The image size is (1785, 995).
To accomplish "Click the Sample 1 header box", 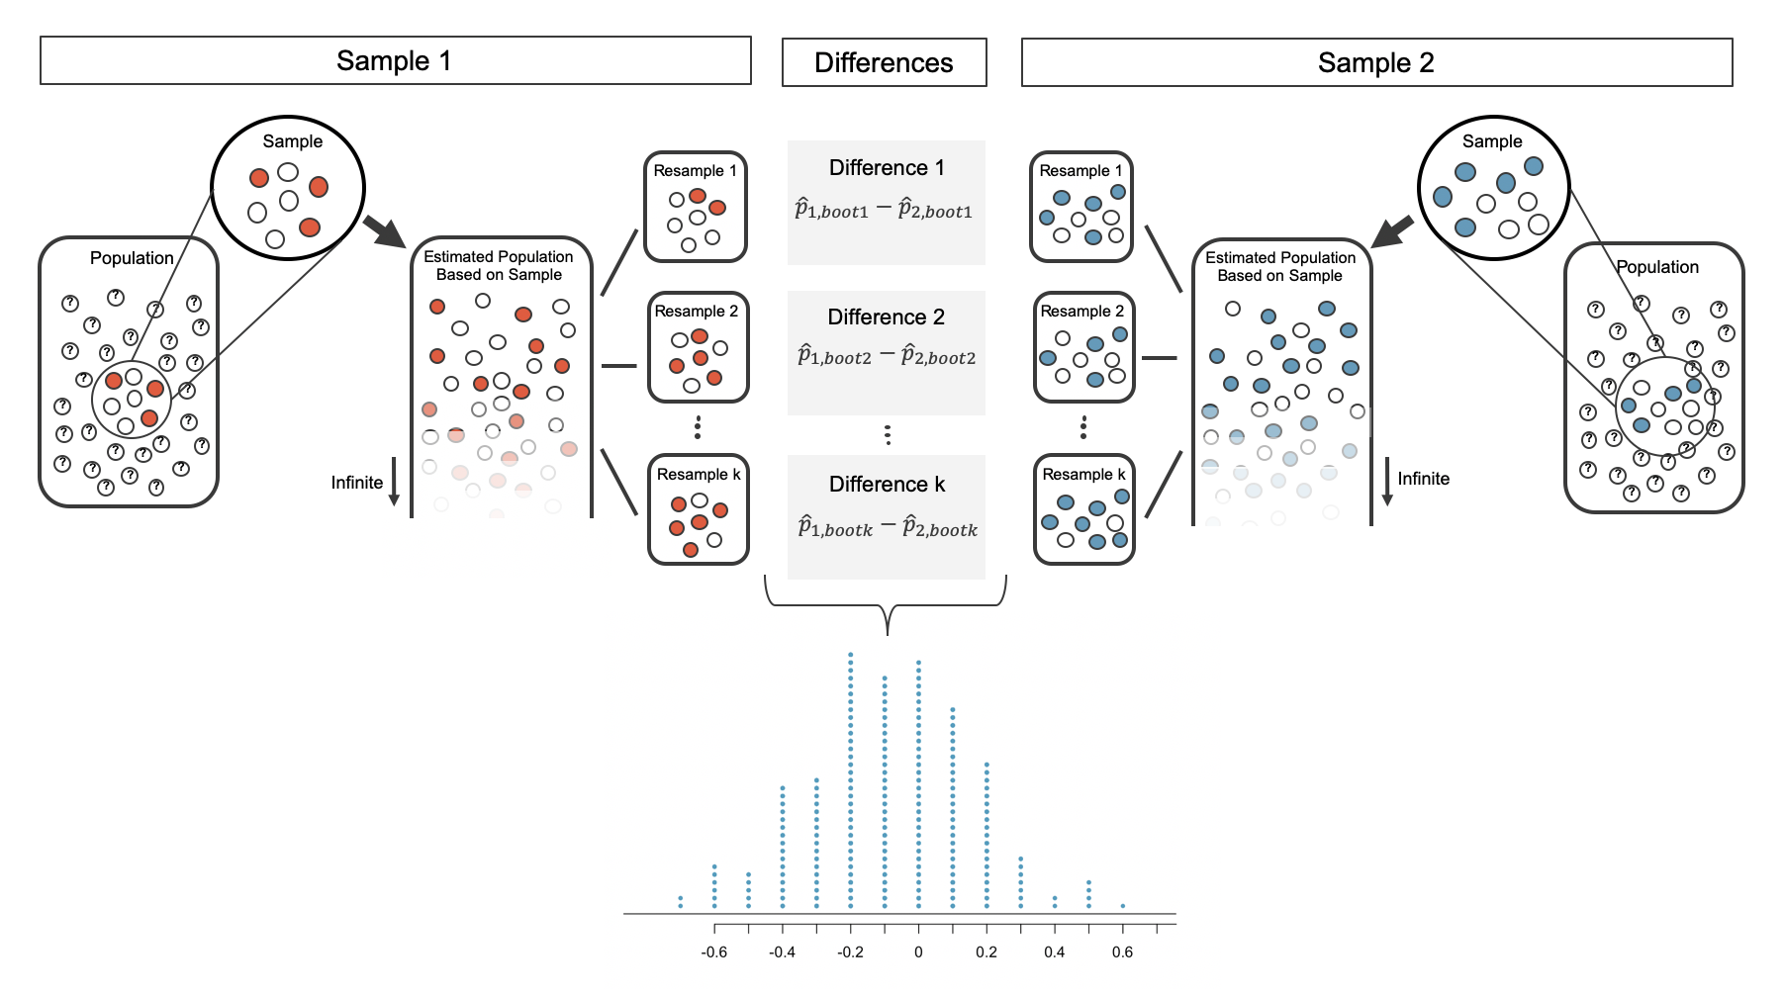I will pyautogui.click(x=395, y=61).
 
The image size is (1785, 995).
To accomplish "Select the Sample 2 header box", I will pyautogui.click(x=1376, y=63).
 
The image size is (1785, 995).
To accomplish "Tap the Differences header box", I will pyautogui.click(x=884, y=63).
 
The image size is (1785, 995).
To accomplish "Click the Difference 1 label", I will pyautogui.click(x=887, y=168).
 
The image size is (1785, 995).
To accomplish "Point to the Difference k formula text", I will pyautogui.click(x=887, y=528).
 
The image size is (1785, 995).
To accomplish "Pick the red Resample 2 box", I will pyautogui.click(x=698, y=347).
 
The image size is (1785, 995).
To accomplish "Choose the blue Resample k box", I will pyautogui.click(x=1083, y=509).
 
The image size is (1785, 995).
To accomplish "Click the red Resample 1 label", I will pyautogui.click(x=695, y=171).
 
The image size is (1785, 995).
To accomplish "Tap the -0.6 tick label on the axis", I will pyautogui.click(x=713, y=952).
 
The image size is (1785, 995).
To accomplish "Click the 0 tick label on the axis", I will pyautogui.click(x=918, y=952).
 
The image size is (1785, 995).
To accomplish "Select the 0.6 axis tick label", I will pyautogui.click(x=1122, y=952).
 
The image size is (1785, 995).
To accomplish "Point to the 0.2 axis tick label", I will pyautogui.click(x=986, y=952).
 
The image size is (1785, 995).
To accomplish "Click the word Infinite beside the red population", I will pyautogui.click(x=357, y=483).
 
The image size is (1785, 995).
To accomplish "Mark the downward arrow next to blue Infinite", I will pyautogui.click(x=1387, y=482).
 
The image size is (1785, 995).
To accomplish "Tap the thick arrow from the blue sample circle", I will pyautogui.click(x=1393, y=233).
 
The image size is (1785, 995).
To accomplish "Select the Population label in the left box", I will pyautogui.click(x=132, y=258).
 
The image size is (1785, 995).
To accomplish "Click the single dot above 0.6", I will pyautogui.click(x=1122, y=905).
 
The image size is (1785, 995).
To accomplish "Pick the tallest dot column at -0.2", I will pyautogui.click(x=851, y=780).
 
